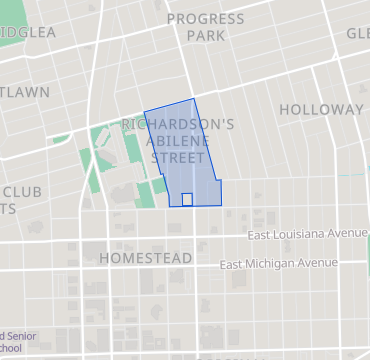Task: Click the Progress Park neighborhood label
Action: pyautogui.click(x=205, y=27)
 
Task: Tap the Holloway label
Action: pyautogui.click(x=321, y=109)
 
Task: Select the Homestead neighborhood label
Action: pyautogui.click(x=146, y=258)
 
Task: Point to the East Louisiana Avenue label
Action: pyautogui.click(x=308, y=234)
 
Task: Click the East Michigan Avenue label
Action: pyautogui.click(x=279, y=265)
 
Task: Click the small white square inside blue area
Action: pyautogui.click(x=187, y=199)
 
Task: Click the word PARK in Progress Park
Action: pyautogui.click(x=205, y=36)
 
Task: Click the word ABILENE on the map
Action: pyautogui.click(x=179, y=142)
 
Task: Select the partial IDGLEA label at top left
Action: pyautogui.click(x=27, y=32)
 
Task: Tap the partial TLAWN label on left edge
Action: pyautogui.click(x=25, y=92)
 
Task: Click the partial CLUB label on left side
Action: pyautogui.click(x=21, y=191)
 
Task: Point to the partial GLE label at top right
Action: pyautogui.click(x=358, y=33)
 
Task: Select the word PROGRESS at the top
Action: pyautogui.click(x=205, y=19)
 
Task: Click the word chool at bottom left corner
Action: pyautogui.click(x=10, y=349)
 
